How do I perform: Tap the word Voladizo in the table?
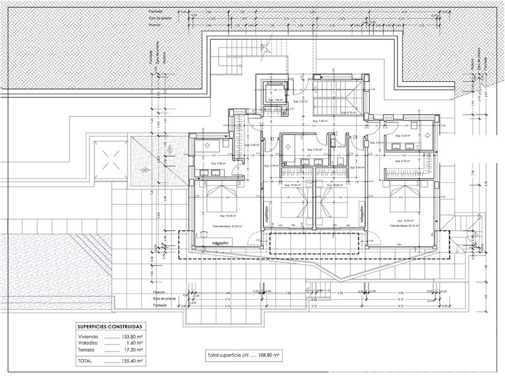88,343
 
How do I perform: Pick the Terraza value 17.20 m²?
132,350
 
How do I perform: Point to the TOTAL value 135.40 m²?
132,361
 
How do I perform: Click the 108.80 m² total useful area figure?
269,356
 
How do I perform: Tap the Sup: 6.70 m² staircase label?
349,112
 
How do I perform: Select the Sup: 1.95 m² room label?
275,100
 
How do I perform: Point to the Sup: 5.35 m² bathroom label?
314,149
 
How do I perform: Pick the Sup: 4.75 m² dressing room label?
402,161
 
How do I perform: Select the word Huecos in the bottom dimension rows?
159,292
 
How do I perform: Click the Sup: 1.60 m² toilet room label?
341,147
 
